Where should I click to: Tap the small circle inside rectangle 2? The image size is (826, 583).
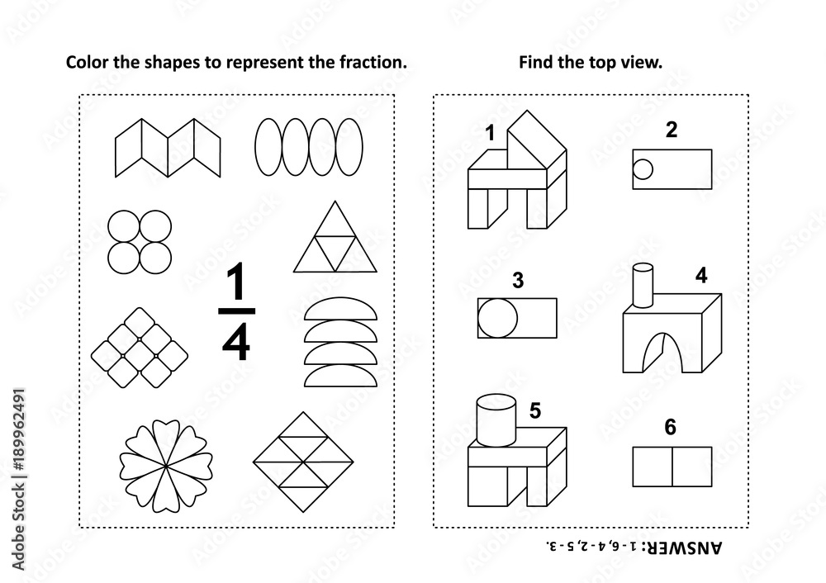(643, 170)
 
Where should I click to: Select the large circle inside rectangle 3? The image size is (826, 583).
(499, 318)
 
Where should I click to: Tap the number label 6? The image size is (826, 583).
(670, 427)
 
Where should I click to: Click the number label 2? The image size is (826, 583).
(671, 129)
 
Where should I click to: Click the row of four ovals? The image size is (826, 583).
(308, 147)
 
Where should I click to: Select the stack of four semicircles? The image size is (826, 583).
(340, 343)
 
